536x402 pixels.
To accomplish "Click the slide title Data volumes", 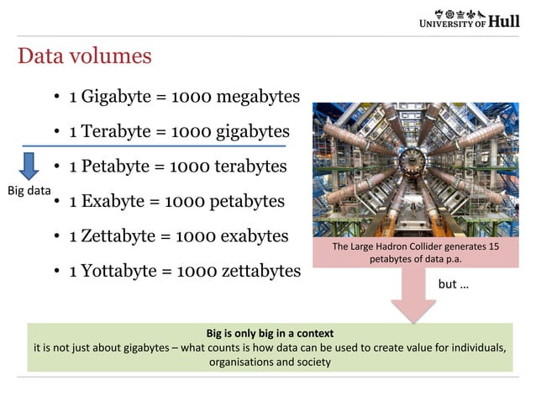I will (84, 56).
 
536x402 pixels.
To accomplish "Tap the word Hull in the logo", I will (503, 20).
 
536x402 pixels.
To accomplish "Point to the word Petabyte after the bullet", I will (118, 167).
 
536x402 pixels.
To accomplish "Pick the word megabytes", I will (258, 97).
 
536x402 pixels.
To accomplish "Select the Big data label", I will (29, 191).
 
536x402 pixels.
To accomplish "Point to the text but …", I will (454, 284).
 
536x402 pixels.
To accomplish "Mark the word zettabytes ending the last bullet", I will (260, 271).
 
